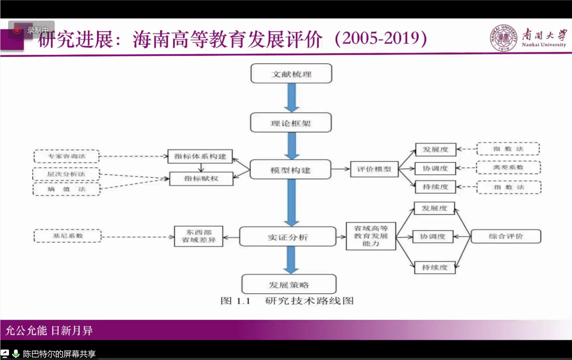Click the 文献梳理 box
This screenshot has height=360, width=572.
(x=291, y=73)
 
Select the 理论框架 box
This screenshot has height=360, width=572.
(x=291, y=123)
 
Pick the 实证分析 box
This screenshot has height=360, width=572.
(x=288, y=237)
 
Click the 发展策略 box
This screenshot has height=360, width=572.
(x=289, y=285)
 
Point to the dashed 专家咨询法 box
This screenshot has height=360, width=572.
(x=66, y=157)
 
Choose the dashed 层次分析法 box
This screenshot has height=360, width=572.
(x=66, y=174)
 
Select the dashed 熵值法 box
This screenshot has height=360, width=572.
(x=66, y=189)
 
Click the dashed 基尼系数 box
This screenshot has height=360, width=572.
(x=67, y=236)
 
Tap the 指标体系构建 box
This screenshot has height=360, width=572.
(x=200, y=156)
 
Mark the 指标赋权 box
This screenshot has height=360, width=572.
(x=201, y=178)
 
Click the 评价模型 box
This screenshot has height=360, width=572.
(x=374, y=169)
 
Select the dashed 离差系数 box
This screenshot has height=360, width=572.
(x=508, y=168)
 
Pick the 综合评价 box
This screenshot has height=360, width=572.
(x=506, y=236)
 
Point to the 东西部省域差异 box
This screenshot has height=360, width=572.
(x=199, y=236)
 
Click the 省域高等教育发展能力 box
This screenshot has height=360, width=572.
(x=371, y=236)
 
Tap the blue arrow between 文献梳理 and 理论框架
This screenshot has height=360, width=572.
(x=291, y=98)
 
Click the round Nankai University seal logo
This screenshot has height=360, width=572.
(x=504, y=38)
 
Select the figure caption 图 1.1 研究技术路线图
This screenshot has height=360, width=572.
(x=287, y=301)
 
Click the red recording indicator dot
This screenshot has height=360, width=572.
(x=18, y=30)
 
